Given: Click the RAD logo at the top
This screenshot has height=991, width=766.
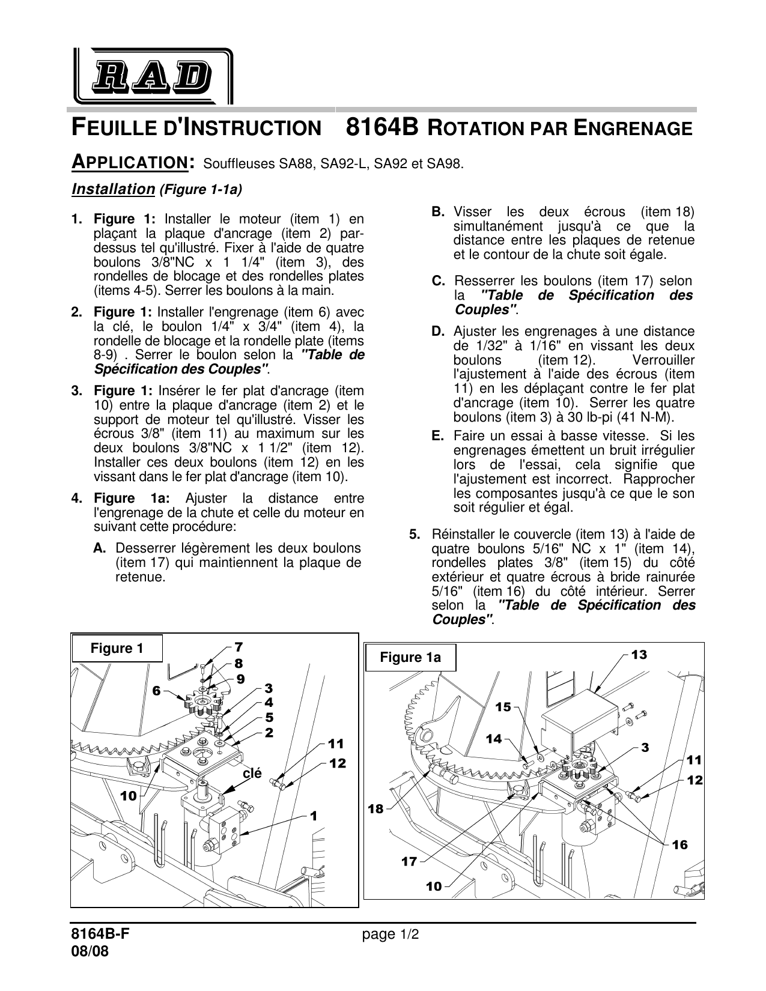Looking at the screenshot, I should [x=153, y=76].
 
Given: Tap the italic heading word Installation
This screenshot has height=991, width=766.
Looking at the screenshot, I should [x=113, y=189].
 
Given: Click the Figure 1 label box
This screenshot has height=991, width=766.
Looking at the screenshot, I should [x=117, y=648].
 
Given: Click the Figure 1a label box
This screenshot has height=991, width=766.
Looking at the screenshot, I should [x=410, y=657].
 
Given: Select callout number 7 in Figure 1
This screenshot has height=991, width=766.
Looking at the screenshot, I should [x=239, y=647].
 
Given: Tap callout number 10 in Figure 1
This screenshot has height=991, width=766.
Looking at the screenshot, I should [x=129, y=796].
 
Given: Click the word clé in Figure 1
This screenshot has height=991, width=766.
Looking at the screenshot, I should [x=252, y=774].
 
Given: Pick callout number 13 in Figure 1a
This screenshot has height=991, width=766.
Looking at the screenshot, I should [x=639, y=655].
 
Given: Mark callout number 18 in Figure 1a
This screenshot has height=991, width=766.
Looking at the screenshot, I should [x=375, y=809].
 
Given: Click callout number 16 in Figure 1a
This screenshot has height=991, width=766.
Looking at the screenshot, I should [x=679, y=845].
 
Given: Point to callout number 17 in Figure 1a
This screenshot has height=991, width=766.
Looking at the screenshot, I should [x=409, y=861].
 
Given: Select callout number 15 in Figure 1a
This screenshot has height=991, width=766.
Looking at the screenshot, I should [x=503, y=707].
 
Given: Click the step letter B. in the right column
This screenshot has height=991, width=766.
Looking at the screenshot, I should [x=438, y=212].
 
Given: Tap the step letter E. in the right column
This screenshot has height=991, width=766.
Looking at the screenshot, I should [x=437, y=436].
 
